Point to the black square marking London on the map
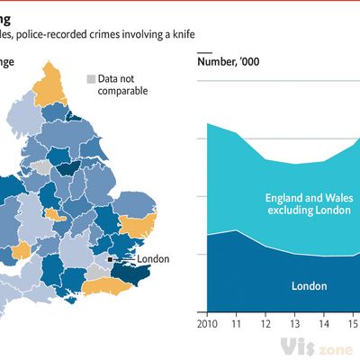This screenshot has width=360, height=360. click(x=111, y=259)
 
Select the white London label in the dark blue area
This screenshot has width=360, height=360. click(x=309, y=286)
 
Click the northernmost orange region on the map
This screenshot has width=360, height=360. click(x=49, y=80)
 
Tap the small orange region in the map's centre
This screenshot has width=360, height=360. click(x=53, y=216)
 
